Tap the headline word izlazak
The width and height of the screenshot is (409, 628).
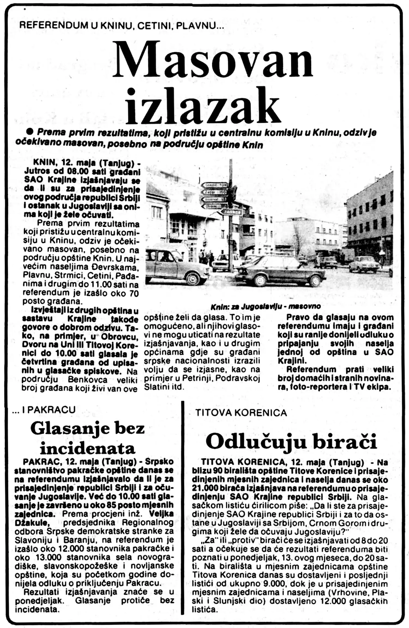pos(204,105)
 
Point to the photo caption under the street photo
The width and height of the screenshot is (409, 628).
pos(265,306)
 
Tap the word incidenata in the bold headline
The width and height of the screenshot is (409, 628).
pos(88,448)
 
